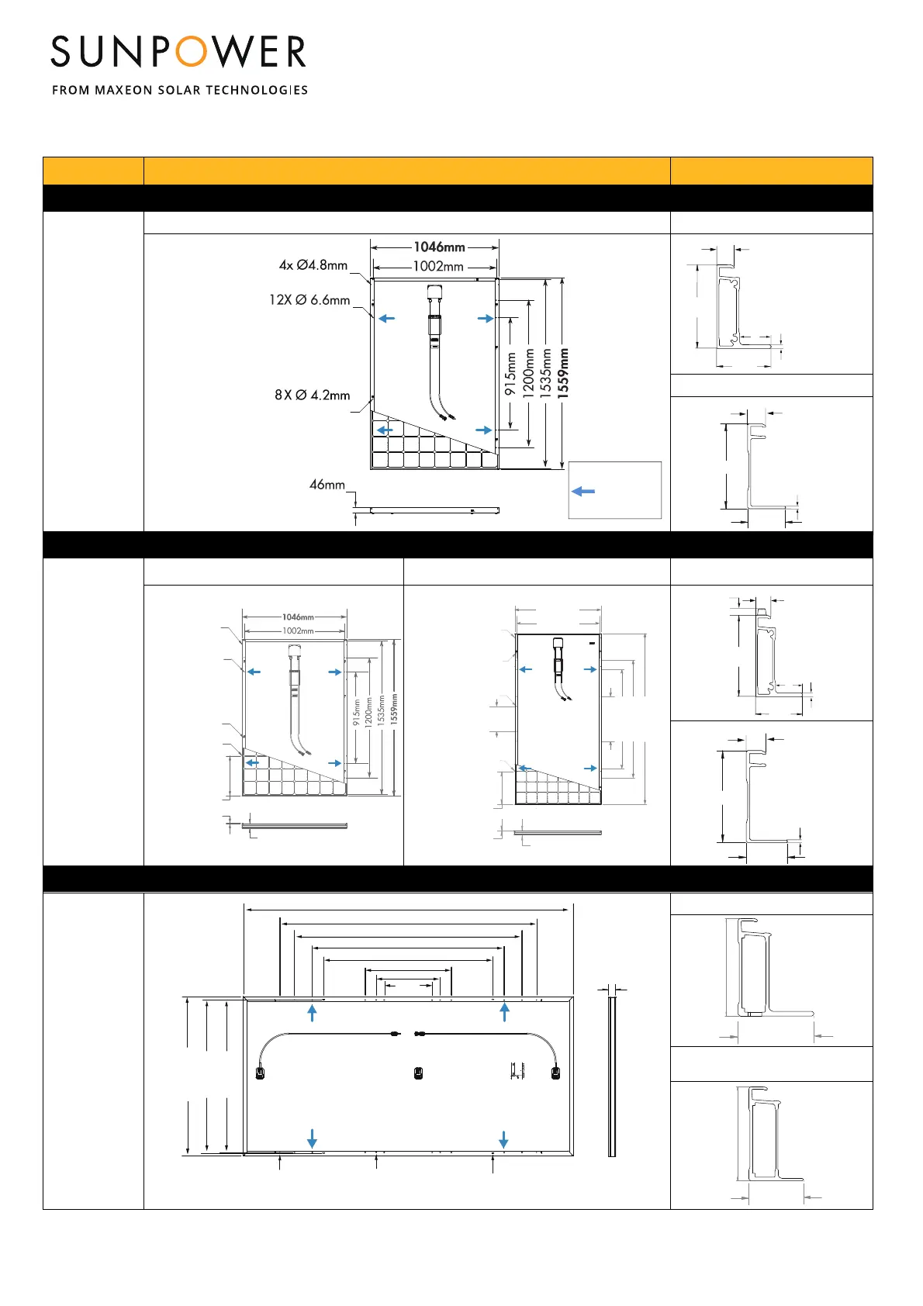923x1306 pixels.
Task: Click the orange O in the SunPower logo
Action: pyautogui.click(x=191, y=52)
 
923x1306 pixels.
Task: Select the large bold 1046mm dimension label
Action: pyautogui.click(x=439, y=247)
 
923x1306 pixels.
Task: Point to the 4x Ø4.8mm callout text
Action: pyautogui.click(x=313, y=265)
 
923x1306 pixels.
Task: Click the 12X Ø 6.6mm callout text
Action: pyautogui.click(x=309, y=300)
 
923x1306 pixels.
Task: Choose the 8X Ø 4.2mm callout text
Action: pyautogui.click(x=312, y=395)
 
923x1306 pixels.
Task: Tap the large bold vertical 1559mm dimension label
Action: pyautogui.click(x=564, y=373)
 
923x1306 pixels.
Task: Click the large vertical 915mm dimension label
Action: pyautogui.click(x=510, y=374)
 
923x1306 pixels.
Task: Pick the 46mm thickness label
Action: pyautogui.click(x=327, y=485)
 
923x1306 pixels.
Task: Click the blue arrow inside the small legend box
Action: pyautogui.click(x=583, y=491)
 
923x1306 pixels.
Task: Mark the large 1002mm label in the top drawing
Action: pyautogui.click(x=438, y=266)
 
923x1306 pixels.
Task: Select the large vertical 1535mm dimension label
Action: pyautogui.click(x=546, y=373)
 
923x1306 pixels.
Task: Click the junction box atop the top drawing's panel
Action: pyautogui.click(x=434, y=293)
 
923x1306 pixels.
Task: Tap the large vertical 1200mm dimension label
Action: pyautogui.click(x=529, y=373)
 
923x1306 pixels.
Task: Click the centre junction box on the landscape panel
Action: pyautogui.click(x=418, y=1073)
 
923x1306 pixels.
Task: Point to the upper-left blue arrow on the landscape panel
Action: pyautogui.click(x=313, y=1012)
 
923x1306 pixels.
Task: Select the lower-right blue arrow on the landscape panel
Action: pyautogui.click(x=503, y=1139)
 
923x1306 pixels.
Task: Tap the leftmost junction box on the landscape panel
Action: pyautogui.click(x=261, y=1073)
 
